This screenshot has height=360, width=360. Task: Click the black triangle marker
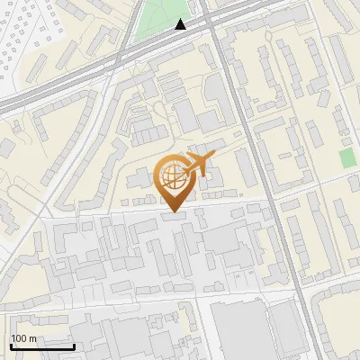pos(181,24)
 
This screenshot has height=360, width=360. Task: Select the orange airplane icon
pos(198,166)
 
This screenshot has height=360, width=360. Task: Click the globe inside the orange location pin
pos(171,175)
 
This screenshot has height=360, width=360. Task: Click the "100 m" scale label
pos(23,338)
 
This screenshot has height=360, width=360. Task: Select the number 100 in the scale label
pos(19,338)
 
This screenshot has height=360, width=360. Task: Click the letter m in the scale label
pos(32,339)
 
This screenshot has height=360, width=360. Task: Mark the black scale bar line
pos(41,346)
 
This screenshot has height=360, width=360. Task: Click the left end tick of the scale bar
pos(10,345)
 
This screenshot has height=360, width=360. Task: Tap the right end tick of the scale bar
pos(74,345)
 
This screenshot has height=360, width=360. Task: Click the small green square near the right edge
pos(347,158)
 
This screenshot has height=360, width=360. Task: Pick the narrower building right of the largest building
pos(286,329)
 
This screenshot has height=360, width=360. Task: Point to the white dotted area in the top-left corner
pos(22,36)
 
